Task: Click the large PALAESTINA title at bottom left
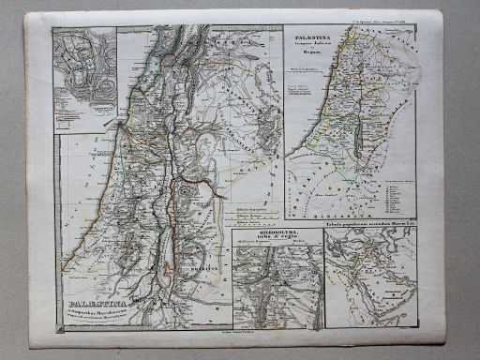pyautogui.click(x=95, y=302)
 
